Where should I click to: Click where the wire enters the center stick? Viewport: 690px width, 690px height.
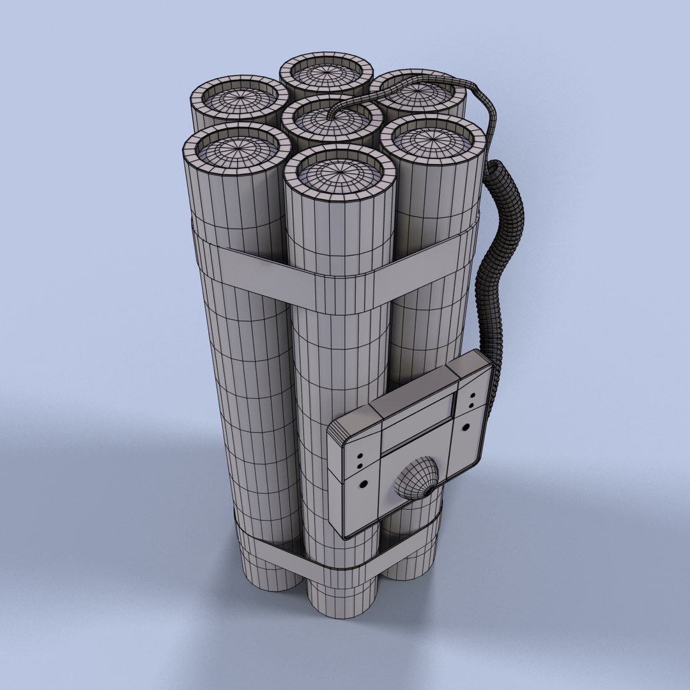(330, 118)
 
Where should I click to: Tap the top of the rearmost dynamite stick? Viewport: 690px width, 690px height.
(326, 74)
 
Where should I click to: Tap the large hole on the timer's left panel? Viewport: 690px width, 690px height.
(364, 485)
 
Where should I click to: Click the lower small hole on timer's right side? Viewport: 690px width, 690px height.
(471, 405)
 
